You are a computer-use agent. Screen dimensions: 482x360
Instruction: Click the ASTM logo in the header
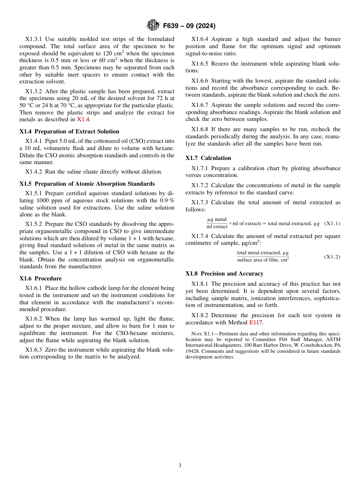click(x=153, y=26)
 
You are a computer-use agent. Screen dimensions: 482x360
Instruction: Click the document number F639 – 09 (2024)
click(x=189, y=26)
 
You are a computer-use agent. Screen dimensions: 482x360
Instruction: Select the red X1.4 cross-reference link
click(x=83, y=119)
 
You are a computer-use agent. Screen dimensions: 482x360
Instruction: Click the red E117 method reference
click(x=256, y=322)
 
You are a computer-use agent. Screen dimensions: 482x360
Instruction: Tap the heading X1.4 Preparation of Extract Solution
click(x=69, y=131)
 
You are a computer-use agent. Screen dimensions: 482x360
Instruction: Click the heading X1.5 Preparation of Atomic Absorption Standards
click(x=87, y=184)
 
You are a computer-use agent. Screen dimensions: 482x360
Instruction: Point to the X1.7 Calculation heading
click(x=208, y=158)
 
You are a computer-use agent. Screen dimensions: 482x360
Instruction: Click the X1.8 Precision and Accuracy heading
click(x=224, y=274)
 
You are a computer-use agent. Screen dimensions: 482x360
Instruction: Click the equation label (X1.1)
click(x=333, y=224)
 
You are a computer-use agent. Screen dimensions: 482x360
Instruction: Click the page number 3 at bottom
click(x=180, y=466)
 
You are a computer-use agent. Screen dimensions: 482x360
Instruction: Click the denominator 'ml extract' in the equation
click(x=217, y=227)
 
